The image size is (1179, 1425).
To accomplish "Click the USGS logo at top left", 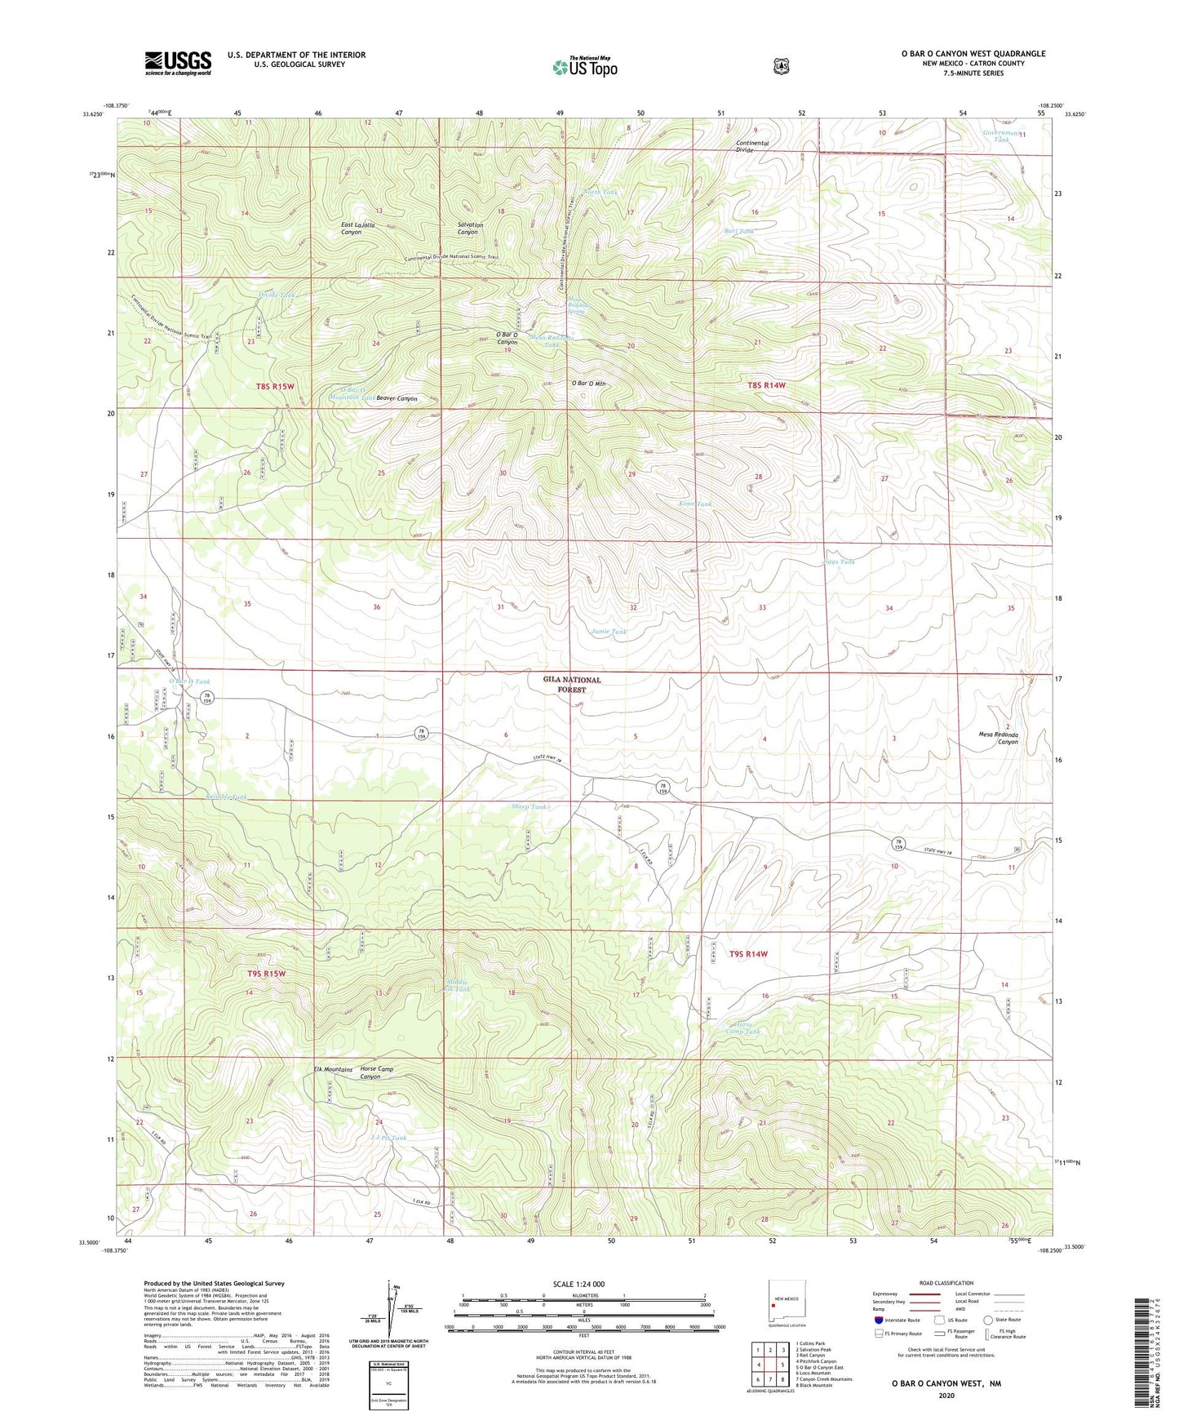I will click(x=178, y=63).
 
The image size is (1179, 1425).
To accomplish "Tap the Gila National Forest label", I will click(x=572, y=684).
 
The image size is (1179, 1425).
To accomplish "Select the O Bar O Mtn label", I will click(x=588, y=383).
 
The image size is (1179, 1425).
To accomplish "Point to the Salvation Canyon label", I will click(x=470, y=229).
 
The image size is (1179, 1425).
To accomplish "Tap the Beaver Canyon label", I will click(x=397, y=399).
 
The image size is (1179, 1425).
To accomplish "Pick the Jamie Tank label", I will click(x=609, y=632).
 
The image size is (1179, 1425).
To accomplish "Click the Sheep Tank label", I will click(x=529, y=806).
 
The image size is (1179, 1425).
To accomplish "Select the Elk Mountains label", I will click(x=333, y=1069).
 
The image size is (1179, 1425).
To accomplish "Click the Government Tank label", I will click(x=1001, y=135).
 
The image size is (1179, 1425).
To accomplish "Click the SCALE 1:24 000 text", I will click(x=578, y=1284).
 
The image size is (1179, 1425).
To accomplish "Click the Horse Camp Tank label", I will click(x=742, y=1028).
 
